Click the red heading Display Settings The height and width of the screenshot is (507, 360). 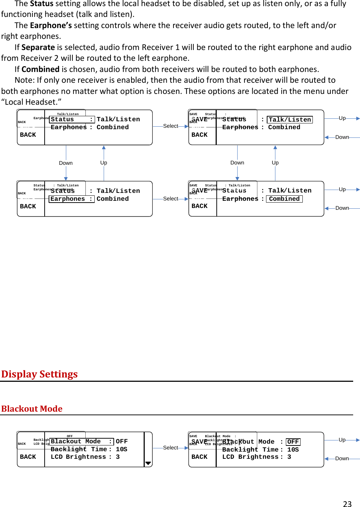pyautogui.click(x=39, y=374)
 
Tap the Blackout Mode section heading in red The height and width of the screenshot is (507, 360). pyautogui.click(x=32, y=409)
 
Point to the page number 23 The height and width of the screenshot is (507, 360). pyautogui.click(x=347, y=504)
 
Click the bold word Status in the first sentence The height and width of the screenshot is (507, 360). pyautogui.click(x=41, y=4)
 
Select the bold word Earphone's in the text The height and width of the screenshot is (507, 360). pyautogui.click(x=51, y=26)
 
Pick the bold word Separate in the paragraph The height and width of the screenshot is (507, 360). pyautogui.click(x=38, y=47)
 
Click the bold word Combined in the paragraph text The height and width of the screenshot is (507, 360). pyautogui.click(x=40, y=69)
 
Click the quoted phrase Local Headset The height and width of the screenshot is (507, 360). pyautogui.click(x=31, y=102)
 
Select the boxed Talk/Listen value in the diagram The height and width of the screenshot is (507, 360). pyautogui.click(x=289, y=120)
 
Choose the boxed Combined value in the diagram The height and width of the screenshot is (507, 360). pyautogui.click(x=284, y=199)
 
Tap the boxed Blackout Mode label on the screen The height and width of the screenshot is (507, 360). pyautogui.click(x=81, y=442)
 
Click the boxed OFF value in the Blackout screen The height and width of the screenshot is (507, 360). pyautogui.click(x=293, y=442)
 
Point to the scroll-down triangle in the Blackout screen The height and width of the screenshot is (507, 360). pyautogui.click(x=148, y=463)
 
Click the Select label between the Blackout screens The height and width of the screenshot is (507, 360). pyautogui.click(x=170, y=448)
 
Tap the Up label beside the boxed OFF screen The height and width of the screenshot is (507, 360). pyautogui.click(x=342, y=440)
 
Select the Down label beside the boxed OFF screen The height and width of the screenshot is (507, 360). pyautogui.click(x=342, y=458)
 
